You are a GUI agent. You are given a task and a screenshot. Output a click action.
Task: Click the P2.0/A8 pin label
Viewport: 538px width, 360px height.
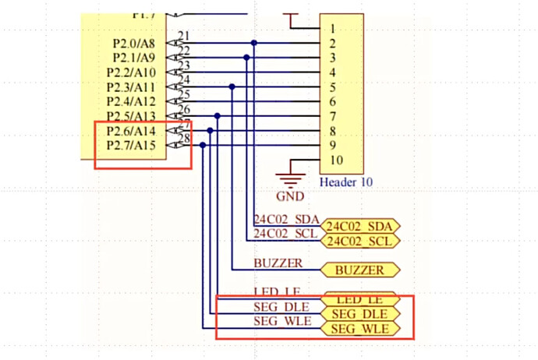click(x=134, y=44)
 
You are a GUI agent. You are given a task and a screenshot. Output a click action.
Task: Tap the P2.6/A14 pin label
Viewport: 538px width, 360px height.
click(x=131, y=131)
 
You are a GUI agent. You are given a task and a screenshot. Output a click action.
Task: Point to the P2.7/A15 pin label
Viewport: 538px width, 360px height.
click(x=131, y=146)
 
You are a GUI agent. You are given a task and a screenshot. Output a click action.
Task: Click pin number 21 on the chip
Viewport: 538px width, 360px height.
click(x=184, y=37)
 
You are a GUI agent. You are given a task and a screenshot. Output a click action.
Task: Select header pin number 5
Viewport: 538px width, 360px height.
click(x=332, y=87)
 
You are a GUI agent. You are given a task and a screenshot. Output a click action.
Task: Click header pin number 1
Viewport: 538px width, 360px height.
click(x=332, y=29)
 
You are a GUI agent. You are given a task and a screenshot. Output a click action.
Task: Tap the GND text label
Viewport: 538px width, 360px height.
click(x=290, y=196)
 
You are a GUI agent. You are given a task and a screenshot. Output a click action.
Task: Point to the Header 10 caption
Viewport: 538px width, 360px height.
click(x=345, y=182)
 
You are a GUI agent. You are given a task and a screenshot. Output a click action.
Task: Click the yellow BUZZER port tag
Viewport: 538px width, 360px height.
click(x=359, y=270)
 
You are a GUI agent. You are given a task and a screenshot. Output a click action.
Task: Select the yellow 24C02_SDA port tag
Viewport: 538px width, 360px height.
click(x=359, y=226)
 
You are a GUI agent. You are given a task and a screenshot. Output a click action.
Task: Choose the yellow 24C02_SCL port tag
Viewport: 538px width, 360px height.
click(x=359, y=241)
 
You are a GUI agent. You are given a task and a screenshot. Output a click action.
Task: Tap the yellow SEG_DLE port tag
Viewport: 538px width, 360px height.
click(x=359, y=314)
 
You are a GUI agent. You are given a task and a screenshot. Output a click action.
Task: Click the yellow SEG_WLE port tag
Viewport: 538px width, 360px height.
click(x=359, y=329)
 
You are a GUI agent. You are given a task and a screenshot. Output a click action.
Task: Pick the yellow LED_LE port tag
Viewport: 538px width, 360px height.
click(x=359, y=299)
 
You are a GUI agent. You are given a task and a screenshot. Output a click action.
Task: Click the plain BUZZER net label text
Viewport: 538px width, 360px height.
click(x=278, y=264)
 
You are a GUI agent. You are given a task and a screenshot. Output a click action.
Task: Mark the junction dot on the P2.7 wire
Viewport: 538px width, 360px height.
click(x=204, y=145)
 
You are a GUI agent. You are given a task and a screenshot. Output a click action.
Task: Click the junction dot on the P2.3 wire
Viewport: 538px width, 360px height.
click(x=232, y=86)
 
